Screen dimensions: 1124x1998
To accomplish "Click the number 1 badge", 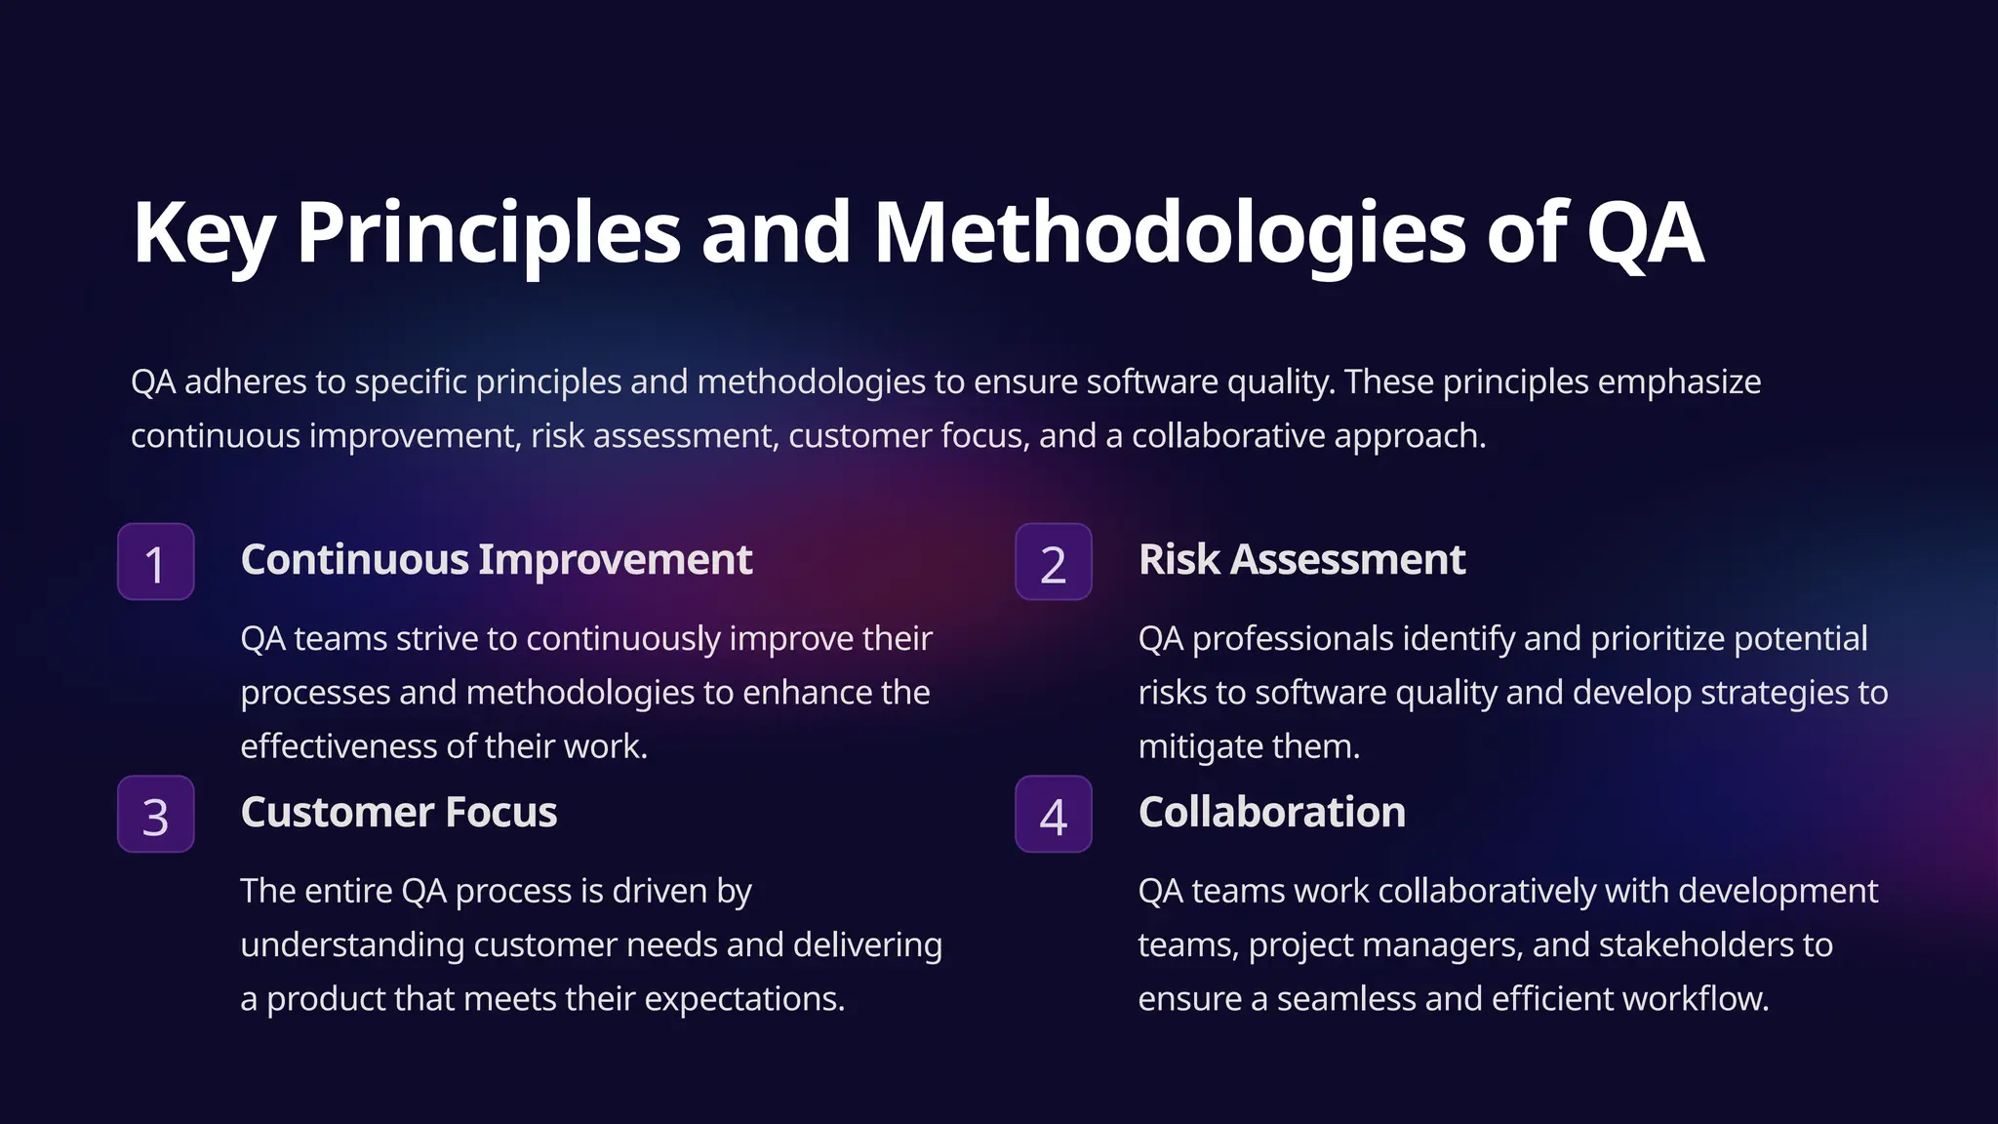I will [x=156, y=562].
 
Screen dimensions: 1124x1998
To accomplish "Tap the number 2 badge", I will [x=1054, y=562].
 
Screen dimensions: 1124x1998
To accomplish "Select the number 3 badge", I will [x=156, y=815].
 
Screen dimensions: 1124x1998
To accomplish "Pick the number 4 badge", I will [x=1054, y=815].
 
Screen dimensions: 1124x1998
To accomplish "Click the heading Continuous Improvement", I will [x=496, y=560].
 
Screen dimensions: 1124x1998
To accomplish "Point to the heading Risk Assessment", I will [x=1301, y=560].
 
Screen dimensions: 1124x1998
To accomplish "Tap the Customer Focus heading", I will [x=398, y=813].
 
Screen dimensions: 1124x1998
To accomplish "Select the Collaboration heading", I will [x=1271, y=813].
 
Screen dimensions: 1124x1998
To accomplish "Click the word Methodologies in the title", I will [x=1169, y=233].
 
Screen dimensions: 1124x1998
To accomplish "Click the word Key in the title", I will [x=204, y=233].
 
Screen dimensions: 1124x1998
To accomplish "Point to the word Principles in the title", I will [x=488, y=233].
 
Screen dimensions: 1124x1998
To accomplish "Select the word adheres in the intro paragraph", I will [x=245, y=381].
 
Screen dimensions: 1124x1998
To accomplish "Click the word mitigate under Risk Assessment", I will [x=1196, y=746].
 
